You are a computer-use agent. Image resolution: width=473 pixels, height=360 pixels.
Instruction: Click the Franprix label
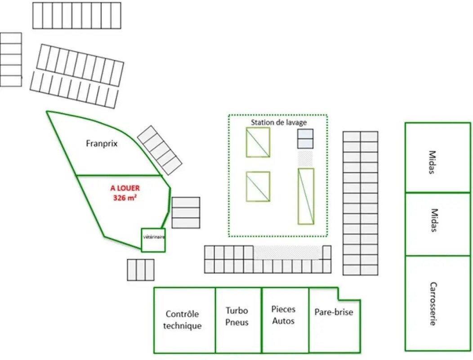point(102,144)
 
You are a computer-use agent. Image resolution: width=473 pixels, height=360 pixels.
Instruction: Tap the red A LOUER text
point(125,188)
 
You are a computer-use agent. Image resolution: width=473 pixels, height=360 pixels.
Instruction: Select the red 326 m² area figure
point(125,198)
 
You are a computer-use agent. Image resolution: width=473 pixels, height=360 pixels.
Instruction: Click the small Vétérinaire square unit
point(153,240)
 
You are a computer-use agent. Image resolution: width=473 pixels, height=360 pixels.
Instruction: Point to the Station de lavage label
point(279,122)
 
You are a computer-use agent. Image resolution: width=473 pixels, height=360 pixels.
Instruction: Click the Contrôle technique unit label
point(182,320)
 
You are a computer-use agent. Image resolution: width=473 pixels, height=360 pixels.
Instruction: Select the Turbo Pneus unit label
point(237,316)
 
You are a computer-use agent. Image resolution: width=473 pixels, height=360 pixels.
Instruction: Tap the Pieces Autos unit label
point(283,315)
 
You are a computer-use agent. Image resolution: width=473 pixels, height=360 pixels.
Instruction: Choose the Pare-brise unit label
point(334,312)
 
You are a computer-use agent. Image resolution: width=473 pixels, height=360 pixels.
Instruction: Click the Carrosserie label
point(433,304)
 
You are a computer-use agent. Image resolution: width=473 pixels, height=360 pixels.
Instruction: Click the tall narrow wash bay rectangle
point(306,196)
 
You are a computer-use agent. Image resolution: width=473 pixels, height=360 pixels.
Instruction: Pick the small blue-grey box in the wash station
point(305,139)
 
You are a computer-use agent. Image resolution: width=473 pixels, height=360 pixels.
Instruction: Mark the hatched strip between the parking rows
point(286,252)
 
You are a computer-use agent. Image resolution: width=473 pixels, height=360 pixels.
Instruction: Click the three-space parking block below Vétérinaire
point(141,270)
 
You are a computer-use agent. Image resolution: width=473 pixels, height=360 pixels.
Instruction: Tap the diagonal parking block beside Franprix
point(160,150)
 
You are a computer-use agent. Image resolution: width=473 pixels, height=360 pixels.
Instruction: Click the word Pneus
point(237,322)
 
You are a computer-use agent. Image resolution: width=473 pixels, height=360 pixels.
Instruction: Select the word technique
point(182,326)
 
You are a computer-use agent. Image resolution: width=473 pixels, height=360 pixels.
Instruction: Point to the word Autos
point(283,321)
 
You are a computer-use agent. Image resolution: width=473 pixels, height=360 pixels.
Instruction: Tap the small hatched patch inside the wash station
point(305,158)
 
